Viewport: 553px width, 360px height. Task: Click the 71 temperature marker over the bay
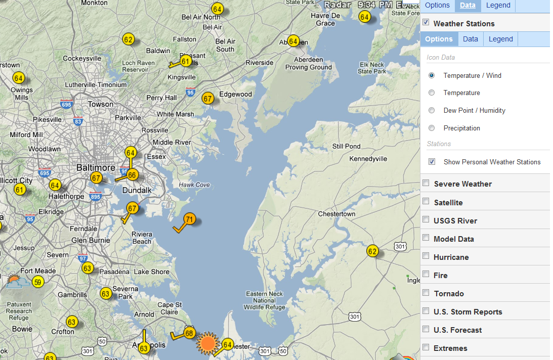189,219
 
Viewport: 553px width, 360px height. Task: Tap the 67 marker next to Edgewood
207,98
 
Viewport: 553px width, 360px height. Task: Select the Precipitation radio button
432,128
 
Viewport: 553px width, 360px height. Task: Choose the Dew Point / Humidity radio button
432,110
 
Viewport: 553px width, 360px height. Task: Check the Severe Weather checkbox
426,183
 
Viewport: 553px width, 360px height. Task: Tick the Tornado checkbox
426,293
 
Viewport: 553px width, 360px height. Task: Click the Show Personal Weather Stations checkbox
432,162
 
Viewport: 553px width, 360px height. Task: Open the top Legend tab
498,5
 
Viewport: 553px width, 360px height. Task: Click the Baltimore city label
96,167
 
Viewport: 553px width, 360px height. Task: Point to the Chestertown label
336,214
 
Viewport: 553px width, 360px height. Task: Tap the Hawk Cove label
194,185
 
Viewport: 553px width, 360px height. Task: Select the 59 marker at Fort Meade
37,282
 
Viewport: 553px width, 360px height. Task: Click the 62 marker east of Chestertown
372,251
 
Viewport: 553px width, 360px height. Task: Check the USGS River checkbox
426,220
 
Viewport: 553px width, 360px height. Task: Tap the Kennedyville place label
368,159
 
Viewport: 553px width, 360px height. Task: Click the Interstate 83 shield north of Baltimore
77,121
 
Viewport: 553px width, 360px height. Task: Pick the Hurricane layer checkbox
426,256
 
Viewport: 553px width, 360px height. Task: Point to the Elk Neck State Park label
371,68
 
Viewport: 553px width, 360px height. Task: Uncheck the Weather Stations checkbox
426,23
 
